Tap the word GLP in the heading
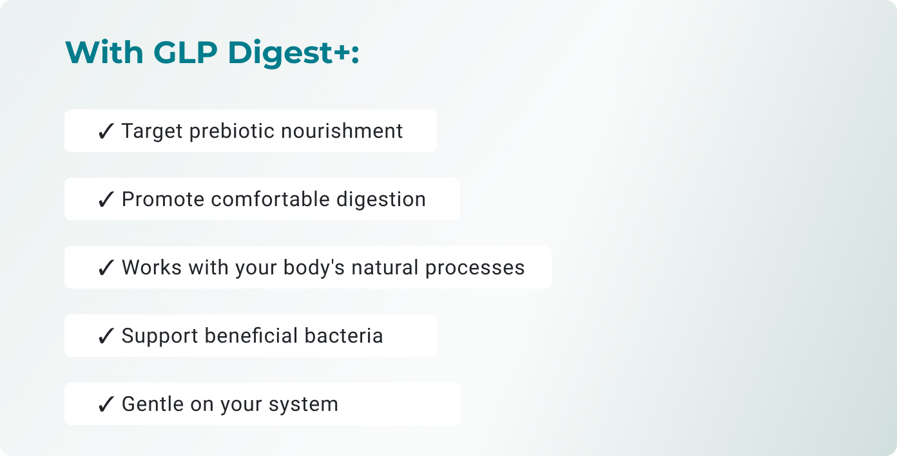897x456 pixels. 186,52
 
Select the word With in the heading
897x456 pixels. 105,52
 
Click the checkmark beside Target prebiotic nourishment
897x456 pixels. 106,131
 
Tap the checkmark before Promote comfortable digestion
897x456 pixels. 106,200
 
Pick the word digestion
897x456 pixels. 381,200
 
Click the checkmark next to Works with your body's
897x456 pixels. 106,268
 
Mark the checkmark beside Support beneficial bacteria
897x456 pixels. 106,336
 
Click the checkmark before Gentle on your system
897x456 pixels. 106,404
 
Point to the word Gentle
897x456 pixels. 152,404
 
